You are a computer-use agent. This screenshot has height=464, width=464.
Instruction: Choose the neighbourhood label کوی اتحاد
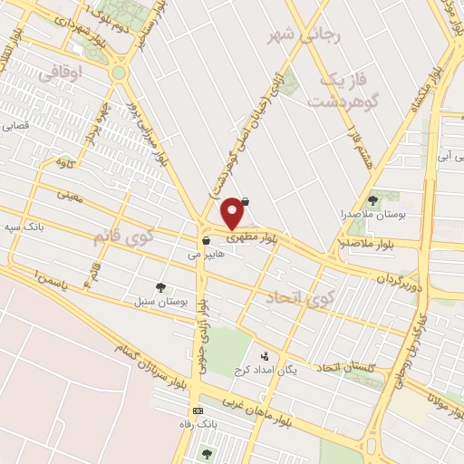(301, 296)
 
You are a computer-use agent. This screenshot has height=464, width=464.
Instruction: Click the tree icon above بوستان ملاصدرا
(372, 199)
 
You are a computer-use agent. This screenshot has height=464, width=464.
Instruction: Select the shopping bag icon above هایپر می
(208, 241)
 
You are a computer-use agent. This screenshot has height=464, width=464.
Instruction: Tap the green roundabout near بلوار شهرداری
(119, 73)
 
